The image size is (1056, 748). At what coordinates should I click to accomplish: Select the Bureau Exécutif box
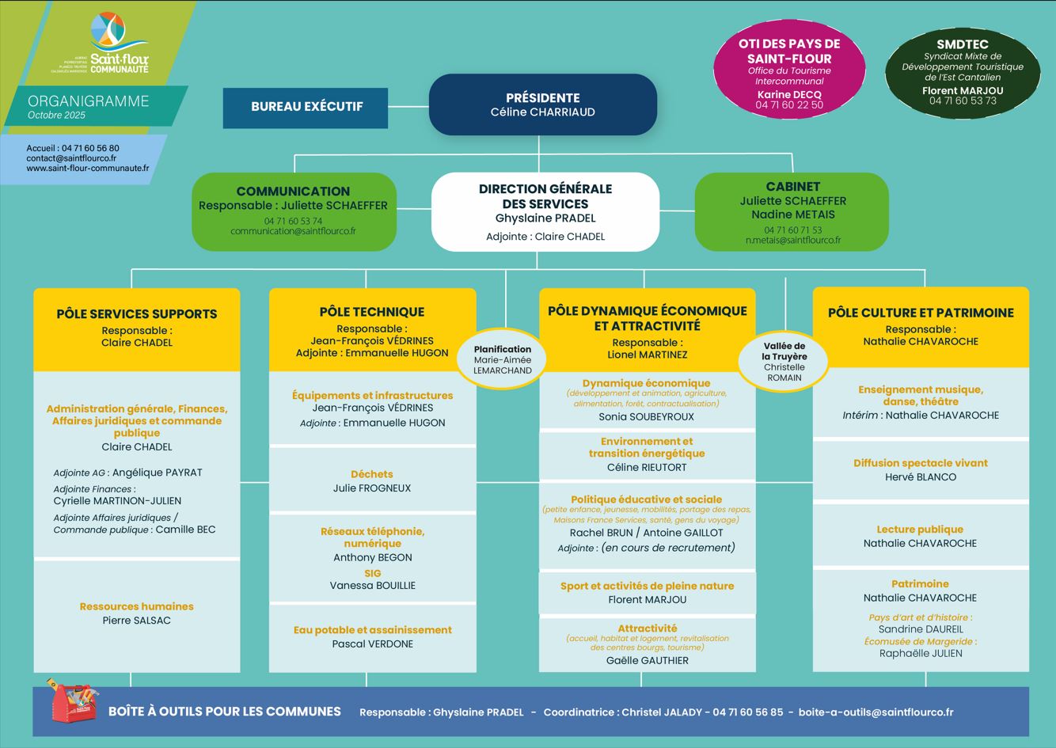pyautogui.click(x=306, y=107)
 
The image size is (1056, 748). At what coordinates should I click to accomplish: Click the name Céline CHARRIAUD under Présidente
pyautogui.click(x=542, y=112)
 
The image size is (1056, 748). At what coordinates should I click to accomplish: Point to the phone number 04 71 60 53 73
pyautogui.click(x=963, y=101)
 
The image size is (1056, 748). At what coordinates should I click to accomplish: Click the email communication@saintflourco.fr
pyautogui.click(x=293, y=231)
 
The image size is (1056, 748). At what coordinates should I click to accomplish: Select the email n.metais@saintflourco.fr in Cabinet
pyautogui.click(x=792, y=240)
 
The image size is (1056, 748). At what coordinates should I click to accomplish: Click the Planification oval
pyautogui.click(x=503, y=359)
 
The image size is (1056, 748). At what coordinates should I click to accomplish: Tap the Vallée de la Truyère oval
pyautogui.click(x=784, y=361)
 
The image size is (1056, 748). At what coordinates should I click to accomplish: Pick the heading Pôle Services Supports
pyautogui.click(x=136, y=314)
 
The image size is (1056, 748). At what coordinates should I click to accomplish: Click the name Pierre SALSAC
pyautogui.click(x=136, y=621)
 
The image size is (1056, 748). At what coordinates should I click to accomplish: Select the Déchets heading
pyautogui.click(x=372, y=474)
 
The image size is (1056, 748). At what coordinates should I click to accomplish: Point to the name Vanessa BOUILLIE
pyautogui.click(x=372, y=586)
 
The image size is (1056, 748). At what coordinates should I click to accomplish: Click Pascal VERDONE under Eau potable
pyautogui.click(x=372, y=644)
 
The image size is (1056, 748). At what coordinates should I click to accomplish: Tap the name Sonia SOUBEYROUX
pyautogui.click(x=646, y=417)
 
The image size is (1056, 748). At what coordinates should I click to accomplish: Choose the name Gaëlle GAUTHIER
pyautogui.click(x=647, y=661)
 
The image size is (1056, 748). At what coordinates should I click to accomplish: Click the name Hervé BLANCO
pyautogui.click(x=920, y=477)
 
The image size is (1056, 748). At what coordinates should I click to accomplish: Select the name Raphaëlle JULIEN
pyautogui.click(x=920, y=654)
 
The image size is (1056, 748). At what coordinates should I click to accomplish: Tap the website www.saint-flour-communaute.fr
pyautogui.click(x=87, y=169)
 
